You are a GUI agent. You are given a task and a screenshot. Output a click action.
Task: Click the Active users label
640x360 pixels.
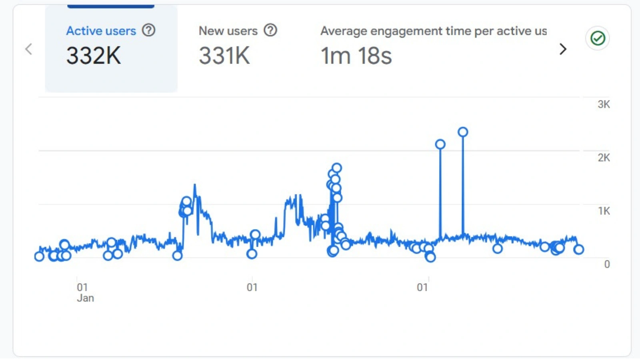point(101,31)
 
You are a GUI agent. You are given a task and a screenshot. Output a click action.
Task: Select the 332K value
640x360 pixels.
point(94,56)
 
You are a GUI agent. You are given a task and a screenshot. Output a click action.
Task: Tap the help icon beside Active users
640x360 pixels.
point(149,30)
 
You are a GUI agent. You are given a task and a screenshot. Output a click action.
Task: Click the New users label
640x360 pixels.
point(228,31)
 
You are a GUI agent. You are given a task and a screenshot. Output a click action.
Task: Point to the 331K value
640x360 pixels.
point(224,56)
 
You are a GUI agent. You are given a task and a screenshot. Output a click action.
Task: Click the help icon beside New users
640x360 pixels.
point(270,30)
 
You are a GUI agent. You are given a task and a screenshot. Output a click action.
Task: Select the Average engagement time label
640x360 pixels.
point(433,31)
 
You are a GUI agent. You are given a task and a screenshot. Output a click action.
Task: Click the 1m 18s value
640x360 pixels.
point(356,56)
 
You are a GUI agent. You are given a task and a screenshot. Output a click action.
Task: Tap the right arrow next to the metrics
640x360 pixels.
point(563,49)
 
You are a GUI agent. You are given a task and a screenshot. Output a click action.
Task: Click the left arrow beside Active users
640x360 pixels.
point(28,49)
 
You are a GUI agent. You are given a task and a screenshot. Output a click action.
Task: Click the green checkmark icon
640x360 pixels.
point(598,38)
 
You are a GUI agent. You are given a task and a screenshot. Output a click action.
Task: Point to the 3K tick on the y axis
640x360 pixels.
point(604,104)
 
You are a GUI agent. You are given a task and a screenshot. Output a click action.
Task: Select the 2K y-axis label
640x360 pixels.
point(604,158)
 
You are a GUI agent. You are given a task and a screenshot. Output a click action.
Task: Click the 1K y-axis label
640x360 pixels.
point(604,211)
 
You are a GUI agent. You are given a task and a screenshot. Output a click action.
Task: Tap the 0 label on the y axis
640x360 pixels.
point(607,264)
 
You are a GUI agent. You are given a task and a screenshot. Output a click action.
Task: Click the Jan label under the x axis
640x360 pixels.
point(85,298)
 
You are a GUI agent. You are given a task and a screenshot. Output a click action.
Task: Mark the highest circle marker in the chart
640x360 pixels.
point(463,132)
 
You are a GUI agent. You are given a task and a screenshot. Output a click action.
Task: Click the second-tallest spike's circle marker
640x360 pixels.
point(440,144)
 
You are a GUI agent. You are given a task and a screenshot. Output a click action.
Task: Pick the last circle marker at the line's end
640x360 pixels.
point(578,250)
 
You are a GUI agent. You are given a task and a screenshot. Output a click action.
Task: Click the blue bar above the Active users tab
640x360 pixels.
point(111,6)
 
